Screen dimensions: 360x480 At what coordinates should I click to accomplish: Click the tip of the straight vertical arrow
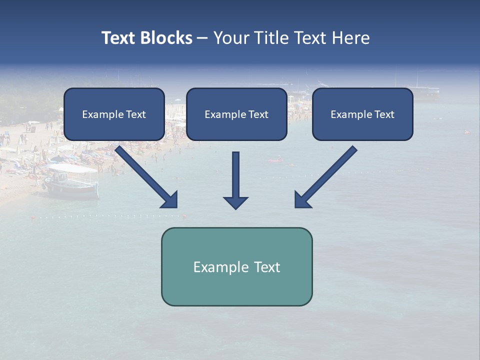click(235, 208)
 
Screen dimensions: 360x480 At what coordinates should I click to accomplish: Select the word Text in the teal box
click(267, 267)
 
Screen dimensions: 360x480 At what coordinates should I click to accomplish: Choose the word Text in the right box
click(384, 114)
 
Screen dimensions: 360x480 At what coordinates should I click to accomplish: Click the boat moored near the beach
click(71, 183)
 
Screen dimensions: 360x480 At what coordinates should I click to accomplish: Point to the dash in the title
click(202, 38)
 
